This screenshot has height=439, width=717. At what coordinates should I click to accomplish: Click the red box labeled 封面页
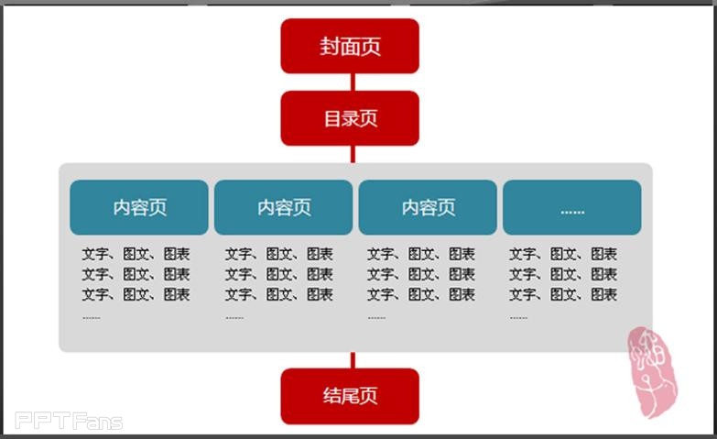(350, 46)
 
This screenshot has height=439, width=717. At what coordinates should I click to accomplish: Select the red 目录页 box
(350, 118)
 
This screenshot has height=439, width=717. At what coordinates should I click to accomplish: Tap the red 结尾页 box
(350, 396)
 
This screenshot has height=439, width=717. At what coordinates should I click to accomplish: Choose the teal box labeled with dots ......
(571, 208)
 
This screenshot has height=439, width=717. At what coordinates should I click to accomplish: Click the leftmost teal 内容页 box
(139, 208)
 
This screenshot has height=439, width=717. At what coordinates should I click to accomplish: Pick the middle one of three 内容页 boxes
(283, 208)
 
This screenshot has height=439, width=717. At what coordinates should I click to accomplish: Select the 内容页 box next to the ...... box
(428, 208)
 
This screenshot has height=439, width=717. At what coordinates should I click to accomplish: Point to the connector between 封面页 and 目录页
(352, 82)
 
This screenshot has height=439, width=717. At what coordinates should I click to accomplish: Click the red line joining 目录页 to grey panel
(352, 154)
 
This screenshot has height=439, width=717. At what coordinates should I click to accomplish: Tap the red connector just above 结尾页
(352, 360)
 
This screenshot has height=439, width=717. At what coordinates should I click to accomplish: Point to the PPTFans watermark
(69, 422)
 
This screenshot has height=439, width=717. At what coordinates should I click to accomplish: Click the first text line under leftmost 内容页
(136, 254)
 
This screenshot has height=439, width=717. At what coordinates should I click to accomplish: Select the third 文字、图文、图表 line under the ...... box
(563, 294)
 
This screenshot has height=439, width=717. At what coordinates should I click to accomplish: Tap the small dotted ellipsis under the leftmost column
(92, 318)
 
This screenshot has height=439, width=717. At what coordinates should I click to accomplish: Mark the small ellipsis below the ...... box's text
(518, 318)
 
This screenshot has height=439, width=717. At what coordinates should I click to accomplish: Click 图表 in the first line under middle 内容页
(320, 254)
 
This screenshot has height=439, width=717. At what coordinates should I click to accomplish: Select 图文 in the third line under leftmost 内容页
(136, 294)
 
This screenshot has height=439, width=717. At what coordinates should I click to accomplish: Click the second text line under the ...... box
(563, 274)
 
